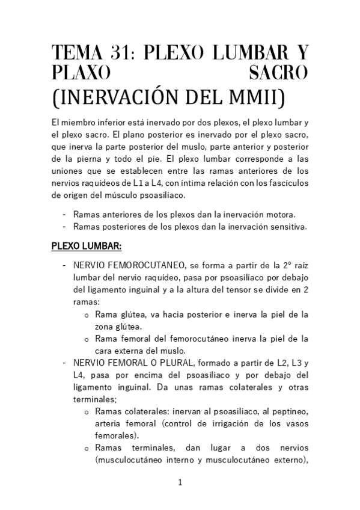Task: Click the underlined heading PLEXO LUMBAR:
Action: tap(87, 246)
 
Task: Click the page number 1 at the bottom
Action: tap(180, 482)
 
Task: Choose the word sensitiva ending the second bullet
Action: tap(288, 226)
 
